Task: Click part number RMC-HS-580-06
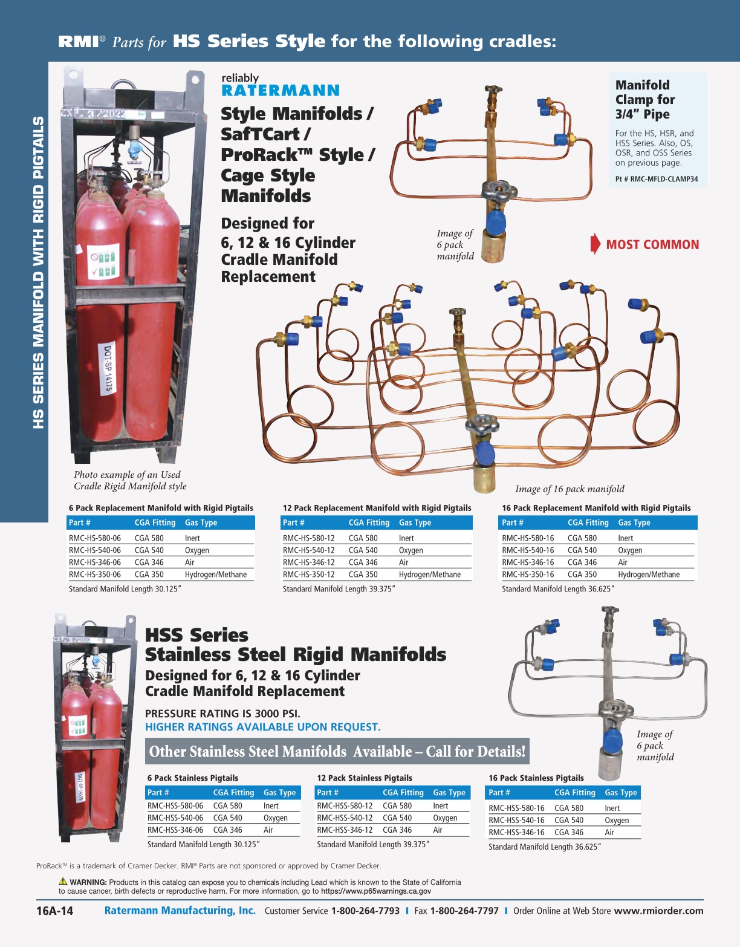tap(95, 538)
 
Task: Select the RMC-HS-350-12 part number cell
tap(308, 574)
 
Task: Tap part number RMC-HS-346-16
tap(528, 562)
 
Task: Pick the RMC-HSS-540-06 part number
tap(175, 818)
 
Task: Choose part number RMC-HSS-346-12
tap(345, 830)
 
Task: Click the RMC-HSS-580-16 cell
tap(516, 808)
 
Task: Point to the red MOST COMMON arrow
tap(596, 244)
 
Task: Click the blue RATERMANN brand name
tap(281, 91)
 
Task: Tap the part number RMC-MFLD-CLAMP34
tap(657, 179)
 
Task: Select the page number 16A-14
tap(54, 911)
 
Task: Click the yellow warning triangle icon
tap(63, 881)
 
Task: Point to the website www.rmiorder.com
tap(658, 911)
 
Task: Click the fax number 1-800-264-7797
tap(464, 911)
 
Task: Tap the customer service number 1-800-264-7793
tap(365, 911)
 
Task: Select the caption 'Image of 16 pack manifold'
tap(570, 489)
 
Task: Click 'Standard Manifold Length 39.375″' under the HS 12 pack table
tap(339, 589)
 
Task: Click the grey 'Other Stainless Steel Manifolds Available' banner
tap(337, 751)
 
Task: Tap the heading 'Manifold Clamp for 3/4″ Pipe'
tap(645, 100)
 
